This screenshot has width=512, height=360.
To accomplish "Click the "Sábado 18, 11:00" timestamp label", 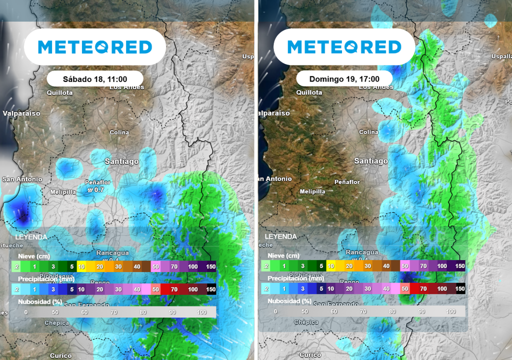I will [95, 79].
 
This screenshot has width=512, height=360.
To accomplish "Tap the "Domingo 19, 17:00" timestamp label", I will [344, 79].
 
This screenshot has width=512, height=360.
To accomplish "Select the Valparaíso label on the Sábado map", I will [21, 113].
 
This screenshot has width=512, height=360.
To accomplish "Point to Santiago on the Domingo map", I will [370, 161].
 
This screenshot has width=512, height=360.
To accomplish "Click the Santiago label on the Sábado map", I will [121, 161].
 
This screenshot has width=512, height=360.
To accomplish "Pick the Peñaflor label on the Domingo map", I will [347, 182].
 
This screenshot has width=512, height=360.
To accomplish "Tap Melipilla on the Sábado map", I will [63, 192].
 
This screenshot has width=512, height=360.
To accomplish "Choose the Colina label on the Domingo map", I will [368, 132].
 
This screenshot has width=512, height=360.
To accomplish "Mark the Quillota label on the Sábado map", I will [59, 92].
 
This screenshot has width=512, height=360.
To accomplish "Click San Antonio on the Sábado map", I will [22, 179].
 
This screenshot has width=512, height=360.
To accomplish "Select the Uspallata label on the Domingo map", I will [501, 56].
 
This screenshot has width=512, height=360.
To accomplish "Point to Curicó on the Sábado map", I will [60, 355].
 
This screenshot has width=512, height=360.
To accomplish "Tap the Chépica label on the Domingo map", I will [306, 322].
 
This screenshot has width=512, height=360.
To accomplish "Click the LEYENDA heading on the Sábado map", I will [31, 236].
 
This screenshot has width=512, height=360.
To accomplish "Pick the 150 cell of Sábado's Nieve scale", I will [210, 266].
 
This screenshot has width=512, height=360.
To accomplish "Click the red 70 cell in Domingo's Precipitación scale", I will [423, 288].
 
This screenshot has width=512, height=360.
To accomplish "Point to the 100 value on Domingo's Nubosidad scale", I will [450, 311].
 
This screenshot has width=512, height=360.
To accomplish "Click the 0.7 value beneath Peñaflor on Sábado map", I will [98, 190].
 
